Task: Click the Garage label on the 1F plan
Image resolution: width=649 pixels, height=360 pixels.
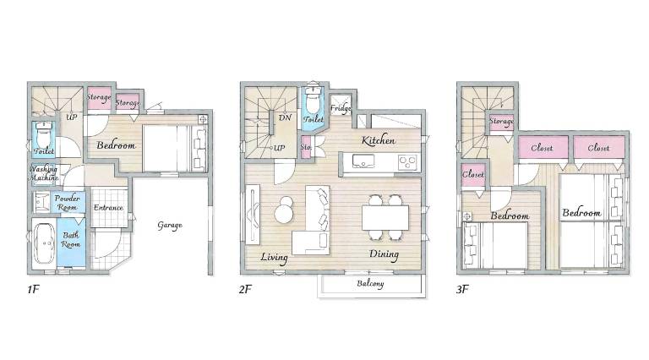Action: pyautogui.click(x=170, y=226)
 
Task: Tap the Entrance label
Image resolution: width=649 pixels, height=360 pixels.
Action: pyautogui.click(x=108, y=207)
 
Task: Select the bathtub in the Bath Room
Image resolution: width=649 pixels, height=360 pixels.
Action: pyautogui.click(x=44, y=243)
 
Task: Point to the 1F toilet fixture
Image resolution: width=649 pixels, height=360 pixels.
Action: pyautogui.click(x=43, y=135)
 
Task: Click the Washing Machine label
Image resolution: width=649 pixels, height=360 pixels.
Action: pyautogui.click(x=43, y=173)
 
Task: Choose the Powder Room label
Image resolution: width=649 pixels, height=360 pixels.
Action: pyautogui.click(x=67, y=203)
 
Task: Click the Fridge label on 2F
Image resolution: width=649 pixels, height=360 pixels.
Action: pyautogui.click(x=341, y=108)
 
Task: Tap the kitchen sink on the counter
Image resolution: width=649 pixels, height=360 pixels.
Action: pyautogui.click(x=363, y=161)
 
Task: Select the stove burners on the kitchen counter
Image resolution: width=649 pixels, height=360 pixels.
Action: pyautogui.click(x=407, y=161)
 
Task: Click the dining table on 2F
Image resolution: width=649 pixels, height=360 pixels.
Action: pyautogui.click(x=385, y=218)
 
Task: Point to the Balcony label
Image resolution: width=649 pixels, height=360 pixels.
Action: pyautogui.click(x=370, y=284)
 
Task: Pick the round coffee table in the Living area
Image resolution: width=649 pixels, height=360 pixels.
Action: pyautogui.click(x=284, y=210)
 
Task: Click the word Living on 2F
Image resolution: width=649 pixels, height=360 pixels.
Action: pyautogui.click(x=274, y=258)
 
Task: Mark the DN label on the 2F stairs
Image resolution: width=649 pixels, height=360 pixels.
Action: pyautogui.click(x=285, y=117)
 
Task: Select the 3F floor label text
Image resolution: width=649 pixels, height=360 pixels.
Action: pyautogui.click(x=462, y=289)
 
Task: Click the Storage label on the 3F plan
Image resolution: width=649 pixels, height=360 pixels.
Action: pyautogui.click(x=501, y=121)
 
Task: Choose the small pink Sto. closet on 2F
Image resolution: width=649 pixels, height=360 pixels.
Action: pyautogui.click(x=306, y=147)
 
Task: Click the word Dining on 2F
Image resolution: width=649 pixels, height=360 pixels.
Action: pyautogui.click(x=384, y=254)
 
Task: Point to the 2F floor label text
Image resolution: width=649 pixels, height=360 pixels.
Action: pyautogui.click(x=245, y=289)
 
